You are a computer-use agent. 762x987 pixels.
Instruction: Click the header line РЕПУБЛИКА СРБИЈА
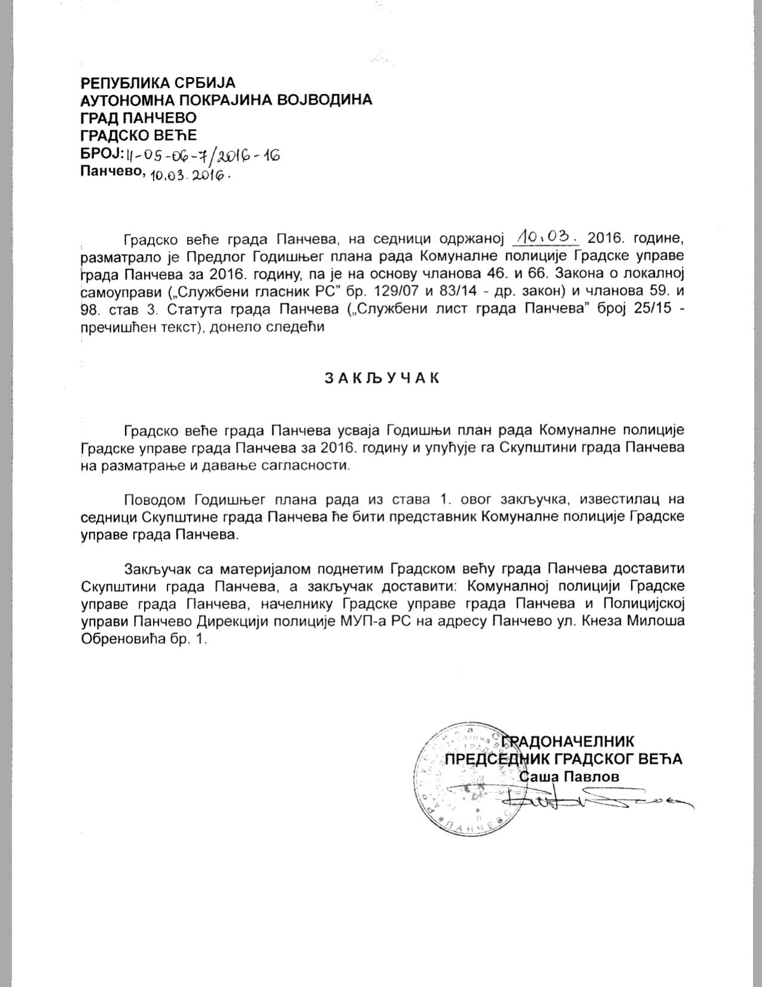(x=158, y=82)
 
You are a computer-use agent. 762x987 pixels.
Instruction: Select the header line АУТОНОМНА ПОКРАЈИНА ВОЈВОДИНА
(x=226, y=99)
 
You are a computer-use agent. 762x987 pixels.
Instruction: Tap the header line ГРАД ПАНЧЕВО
(x=138, y=117)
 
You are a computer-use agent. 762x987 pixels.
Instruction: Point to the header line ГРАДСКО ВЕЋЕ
(x=138, y=135)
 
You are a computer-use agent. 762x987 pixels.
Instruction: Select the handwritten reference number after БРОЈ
(x=202, y=156)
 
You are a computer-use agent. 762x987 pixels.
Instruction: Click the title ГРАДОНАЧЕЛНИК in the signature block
(x=571, y=741)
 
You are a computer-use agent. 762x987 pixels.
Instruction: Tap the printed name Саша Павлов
(x=569, y=777)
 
